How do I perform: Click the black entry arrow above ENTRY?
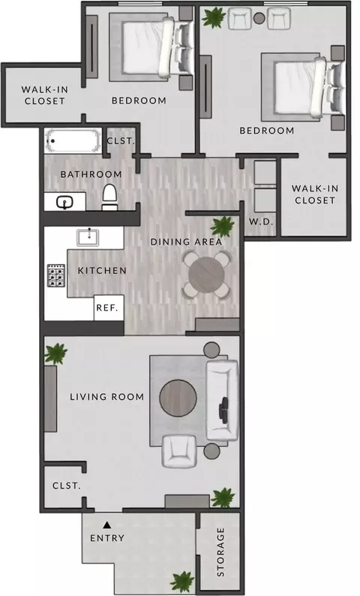click(x=107, y=525)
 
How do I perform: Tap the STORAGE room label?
click(x=220, y=552)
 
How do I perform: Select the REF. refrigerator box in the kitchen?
click(x=109, y=308)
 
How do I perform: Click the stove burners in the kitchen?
click(x=56, y=275)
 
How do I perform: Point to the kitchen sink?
click(x=88, y=237)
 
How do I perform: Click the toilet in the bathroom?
click(x=110, y=197)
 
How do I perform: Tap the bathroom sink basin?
click(x=65, y=203)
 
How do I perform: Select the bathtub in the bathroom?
click(x=73, y=141)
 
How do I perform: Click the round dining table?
click(x=207, y=275)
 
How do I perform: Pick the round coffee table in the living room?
click(x=178, y=398)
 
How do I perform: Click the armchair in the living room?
click(x=179, y=451)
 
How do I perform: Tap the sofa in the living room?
click(x=222, y=400)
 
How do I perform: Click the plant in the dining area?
click(x=222, y=227)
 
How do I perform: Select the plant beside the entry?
click(x=182, y=582)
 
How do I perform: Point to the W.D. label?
click(x=261, y=221)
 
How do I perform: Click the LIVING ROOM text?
click(x=107, y=397)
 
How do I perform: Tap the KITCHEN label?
click(x=102, y=271)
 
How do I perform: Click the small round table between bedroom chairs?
click(x=259, y=18)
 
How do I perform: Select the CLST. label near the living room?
click(x=67, y=486)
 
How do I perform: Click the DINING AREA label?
click(x=186, y=242)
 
